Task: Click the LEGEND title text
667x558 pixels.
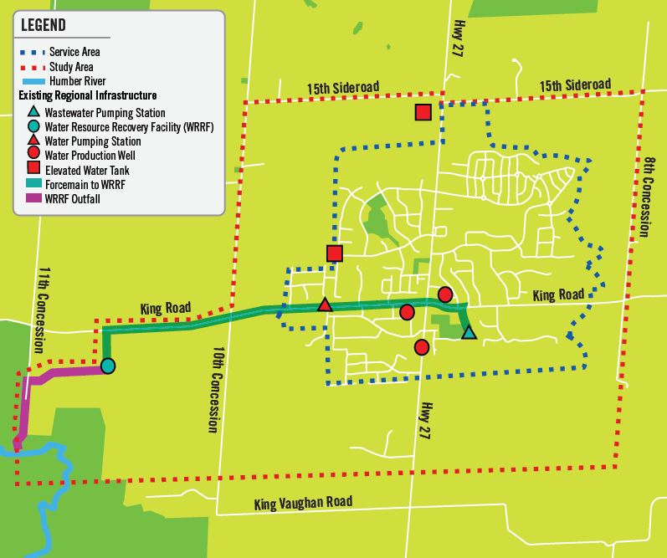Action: tap(48, 26)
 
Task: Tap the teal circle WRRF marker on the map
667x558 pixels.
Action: tap(108, 366)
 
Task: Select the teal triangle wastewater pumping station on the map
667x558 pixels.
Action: tap(469, 333)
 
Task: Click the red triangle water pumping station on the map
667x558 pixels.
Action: tap(325, 305)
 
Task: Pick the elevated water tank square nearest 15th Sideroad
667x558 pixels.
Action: tap(423, 112)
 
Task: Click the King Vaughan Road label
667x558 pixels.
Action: tap(303, 502)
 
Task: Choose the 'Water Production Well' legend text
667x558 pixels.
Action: tap(90, 156)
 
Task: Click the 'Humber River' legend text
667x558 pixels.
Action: tap(78, 81)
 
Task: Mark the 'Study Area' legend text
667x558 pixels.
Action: tap(72, 67)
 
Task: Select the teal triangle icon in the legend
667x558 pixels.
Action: tap(32, 112)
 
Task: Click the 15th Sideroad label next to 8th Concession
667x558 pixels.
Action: tap(575, 85)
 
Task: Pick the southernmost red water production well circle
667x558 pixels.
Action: tap(422, 347)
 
